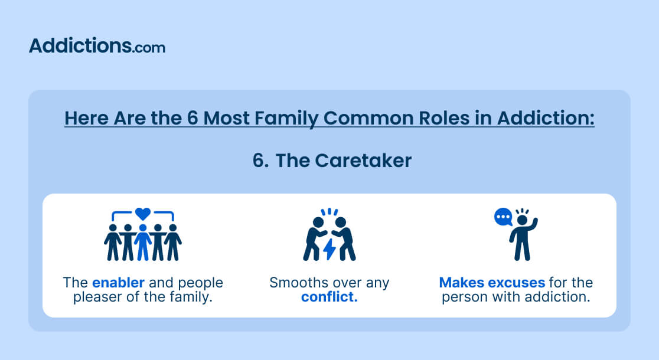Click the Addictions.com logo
coord(97,46)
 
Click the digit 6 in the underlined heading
coord(193,118)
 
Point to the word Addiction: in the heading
coord(546,118)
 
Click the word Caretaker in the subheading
coord(363,161)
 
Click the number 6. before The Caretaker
coord(260,161)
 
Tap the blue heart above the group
coord(143,214)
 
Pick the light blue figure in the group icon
coord(143,242)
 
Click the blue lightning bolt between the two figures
coord(329,249)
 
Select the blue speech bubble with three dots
coord(503,217)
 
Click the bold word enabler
coord(118,282)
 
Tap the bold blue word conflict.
coord(329,297)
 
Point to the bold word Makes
coord(461,282)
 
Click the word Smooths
coord(299,282)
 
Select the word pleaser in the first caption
coord(97,297)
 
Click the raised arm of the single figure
coord(533,225)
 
